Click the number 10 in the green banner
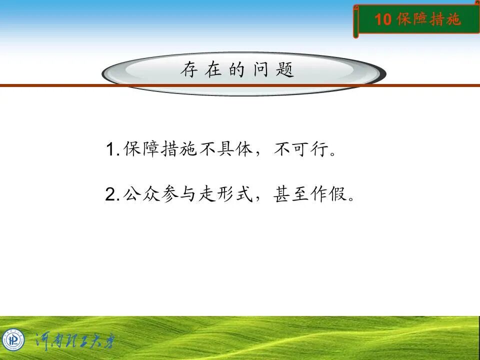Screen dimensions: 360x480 coord(382,19)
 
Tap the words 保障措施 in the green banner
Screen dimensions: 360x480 coord(428,19)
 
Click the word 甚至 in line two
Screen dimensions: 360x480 coord(292,194)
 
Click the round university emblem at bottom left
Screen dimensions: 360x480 coord(13,340)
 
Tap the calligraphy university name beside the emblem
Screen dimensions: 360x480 coord(75,341)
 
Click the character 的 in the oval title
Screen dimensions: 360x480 coord(237,70)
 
